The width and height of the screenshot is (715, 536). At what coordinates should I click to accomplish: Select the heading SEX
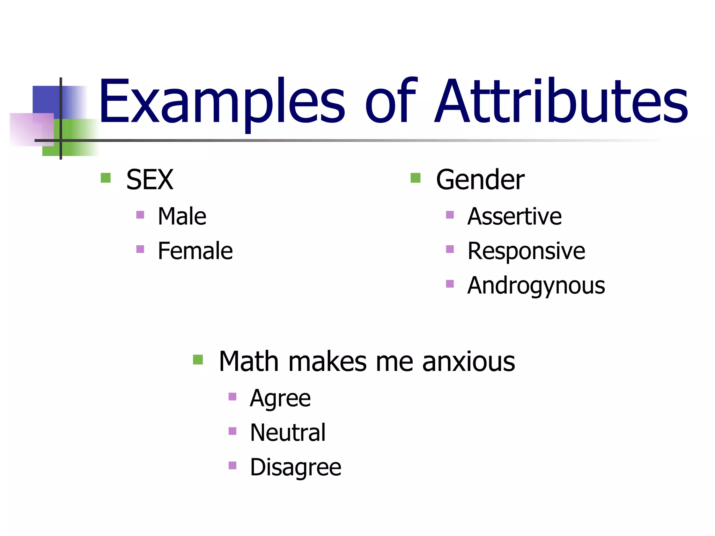click(149, 180)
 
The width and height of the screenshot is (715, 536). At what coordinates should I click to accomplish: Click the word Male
click(182, 216)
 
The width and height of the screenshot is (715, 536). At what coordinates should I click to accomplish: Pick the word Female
click(195, 251)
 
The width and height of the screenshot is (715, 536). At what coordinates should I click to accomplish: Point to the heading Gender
click(480, 180)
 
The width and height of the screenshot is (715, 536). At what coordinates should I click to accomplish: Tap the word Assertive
click(514, 216)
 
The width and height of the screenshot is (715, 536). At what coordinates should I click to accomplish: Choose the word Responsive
click(526, 251)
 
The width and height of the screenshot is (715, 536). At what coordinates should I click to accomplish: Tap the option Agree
click(280, 398)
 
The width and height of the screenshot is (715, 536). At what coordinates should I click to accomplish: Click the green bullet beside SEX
click(105, 178)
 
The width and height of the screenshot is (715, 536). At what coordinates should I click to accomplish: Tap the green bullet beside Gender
click(415, 178)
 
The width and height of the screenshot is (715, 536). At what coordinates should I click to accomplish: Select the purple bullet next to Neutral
click(232, 431)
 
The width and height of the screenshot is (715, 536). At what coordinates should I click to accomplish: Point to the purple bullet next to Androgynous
click(450, 284)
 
